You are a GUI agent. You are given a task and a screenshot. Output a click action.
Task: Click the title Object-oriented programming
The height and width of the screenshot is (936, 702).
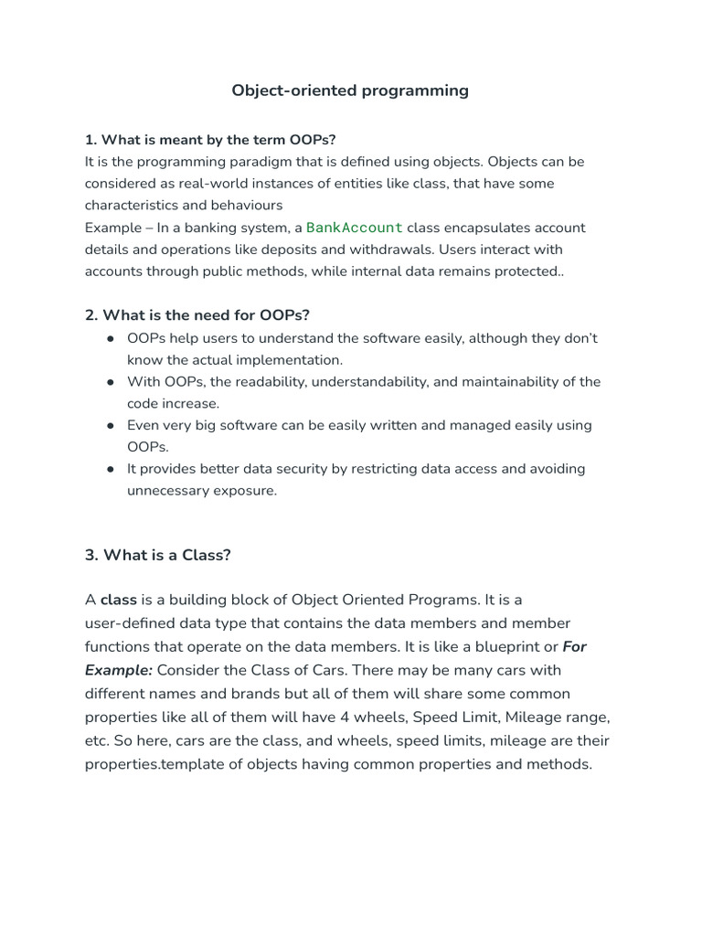[x=350, y=90]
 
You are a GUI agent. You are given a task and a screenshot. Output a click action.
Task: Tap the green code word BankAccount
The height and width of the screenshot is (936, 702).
[x=354, y=228]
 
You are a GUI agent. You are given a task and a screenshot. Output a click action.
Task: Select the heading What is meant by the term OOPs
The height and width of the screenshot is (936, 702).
[x=210, y=140]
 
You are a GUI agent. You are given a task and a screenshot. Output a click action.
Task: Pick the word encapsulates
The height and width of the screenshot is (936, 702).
[x=492, y=228]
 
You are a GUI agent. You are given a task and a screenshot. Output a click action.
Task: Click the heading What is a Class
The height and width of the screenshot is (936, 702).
[x=158, y=555]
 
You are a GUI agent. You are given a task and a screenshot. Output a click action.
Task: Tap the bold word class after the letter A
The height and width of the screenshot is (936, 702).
[x=118, y=600]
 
